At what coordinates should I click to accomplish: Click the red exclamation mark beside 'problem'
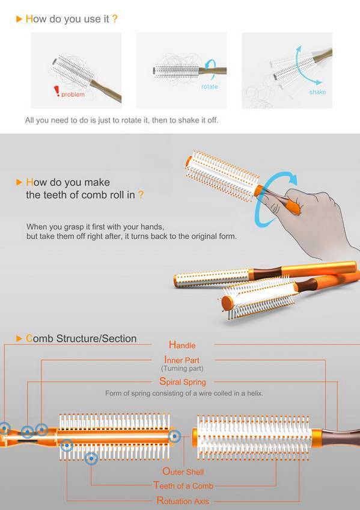click(57, 91)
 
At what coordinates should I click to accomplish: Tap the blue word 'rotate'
click(210, 87)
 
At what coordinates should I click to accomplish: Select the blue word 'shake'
click(317, 92)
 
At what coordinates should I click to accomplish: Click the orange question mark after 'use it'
click(115, 19)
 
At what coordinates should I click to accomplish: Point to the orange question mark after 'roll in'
click(141, 195)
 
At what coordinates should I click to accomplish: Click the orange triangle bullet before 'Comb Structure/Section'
click(19, 339)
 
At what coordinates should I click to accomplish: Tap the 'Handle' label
click(182, 345)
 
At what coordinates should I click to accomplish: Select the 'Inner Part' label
click(182, 360)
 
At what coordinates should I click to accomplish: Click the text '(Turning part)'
click(182, 369)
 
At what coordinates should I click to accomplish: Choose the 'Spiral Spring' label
click(183, 381)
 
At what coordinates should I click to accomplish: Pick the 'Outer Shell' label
click(183, 472)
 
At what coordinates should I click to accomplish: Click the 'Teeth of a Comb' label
click(183, 485)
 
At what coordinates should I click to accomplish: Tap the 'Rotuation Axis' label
click(183, 500)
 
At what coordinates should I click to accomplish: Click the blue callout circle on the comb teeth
click(91, 458)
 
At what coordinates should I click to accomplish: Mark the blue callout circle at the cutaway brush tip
click(174, 436)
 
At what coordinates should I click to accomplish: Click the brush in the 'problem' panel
click(85, 78)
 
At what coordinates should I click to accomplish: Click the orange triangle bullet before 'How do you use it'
click(19, 19)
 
